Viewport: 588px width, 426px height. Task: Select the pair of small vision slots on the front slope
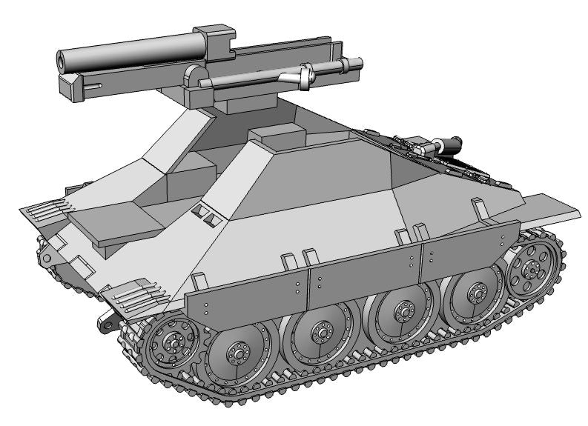click(x=203, y=214)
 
